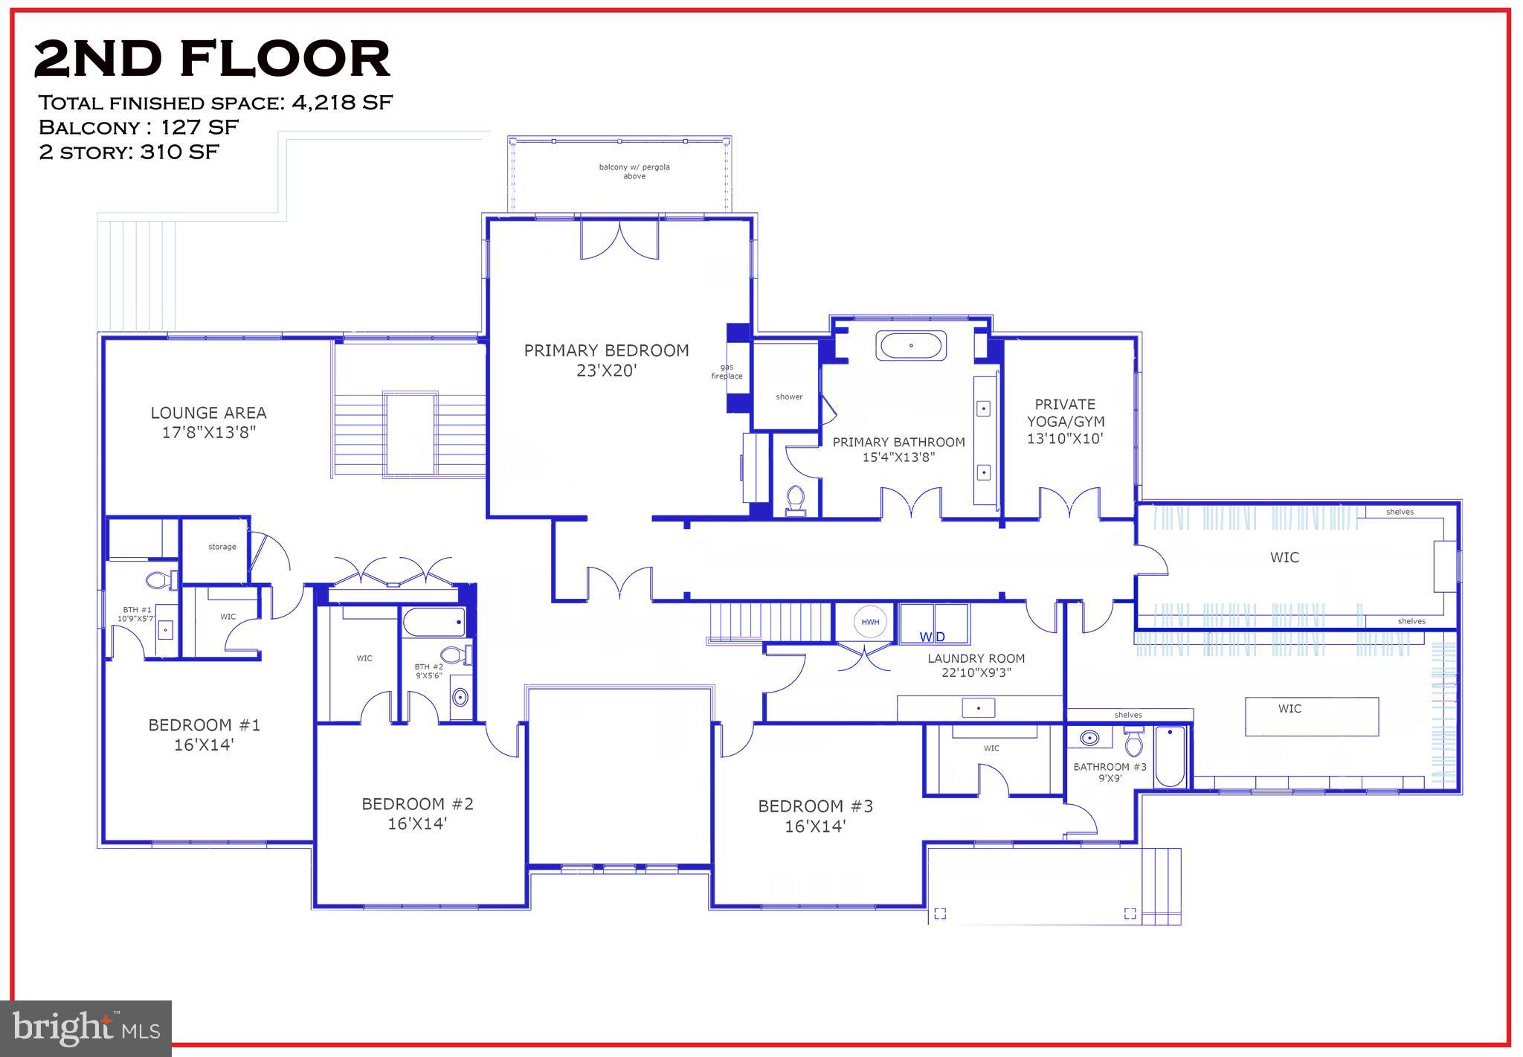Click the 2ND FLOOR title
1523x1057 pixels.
[x=212, y=60]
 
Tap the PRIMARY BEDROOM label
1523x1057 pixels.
[x=606, y=351]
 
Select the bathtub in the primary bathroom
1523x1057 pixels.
[x=911, y=346]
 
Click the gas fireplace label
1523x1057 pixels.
[x=727, y=371]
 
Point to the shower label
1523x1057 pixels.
[x=789, y=396]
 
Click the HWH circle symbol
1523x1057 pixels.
[x=870, y=622]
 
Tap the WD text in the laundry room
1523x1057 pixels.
[x=932, y=637]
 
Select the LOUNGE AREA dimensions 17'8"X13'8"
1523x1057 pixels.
[x=209, y=433]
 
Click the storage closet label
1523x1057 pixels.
[x=222, y=547]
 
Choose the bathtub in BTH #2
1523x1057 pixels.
[x=434, y=622]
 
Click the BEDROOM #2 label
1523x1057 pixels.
[x=417, y=804]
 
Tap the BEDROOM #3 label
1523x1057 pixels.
[x=815, y=806]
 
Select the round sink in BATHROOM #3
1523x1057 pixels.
[x=1089, y=739]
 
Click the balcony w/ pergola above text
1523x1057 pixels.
[x=634, y=171]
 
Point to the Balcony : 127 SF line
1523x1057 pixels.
[x=138, y=127]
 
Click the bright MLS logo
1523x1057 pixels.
[x=86, y=1028]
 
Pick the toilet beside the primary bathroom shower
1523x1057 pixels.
[x=796, y=500]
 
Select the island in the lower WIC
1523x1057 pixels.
[x=1311, y=716]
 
